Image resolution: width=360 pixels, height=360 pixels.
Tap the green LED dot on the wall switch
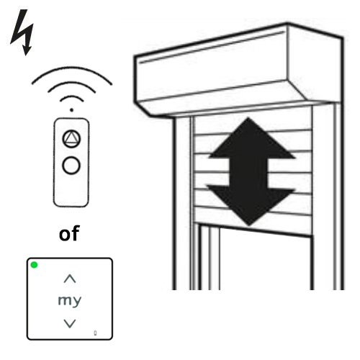[x=34, y=265]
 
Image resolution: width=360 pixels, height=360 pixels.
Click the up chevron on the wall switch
[x=70, y=279]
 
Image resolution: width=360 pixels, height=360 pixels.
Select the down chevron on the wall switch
[x=70, y=323]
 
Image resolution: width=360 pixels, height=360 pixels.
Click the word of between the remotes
[x=69, y=233]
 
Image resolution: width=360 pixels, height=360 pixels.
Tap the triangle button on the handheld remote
[x=71, y=139]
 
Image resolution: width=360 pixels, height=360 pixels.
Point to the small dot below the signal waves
[x=71, y=110]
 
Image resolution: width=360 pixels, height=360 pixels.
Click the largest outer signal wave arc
[x=71, y=68]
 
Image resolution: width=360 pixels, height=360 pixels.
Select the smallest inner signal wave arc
[x=71, y=96]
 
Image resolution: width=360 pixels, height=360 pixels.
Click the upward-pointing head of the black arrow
[x=250, y=139]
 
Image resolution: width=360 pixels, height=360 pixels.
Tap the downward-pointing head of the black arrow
[x=250, y=205]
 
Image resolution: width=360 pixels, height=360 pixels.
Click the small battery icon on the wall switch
[x=95, y=333]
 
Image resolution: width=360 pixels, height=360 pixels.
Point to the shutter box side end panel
[x=315, y=63]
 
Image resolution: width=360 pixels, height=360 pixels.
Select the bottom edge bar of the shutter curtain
[x=256, y=230]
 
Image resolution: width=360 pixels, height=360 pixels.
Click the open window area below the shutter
[x=265, y=261]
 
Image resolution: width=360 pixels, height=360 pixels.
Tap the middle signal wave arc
[x=71, y=84]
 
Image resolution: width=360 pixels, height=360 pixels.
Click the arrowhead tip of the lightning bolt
[x=26, y=55]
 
